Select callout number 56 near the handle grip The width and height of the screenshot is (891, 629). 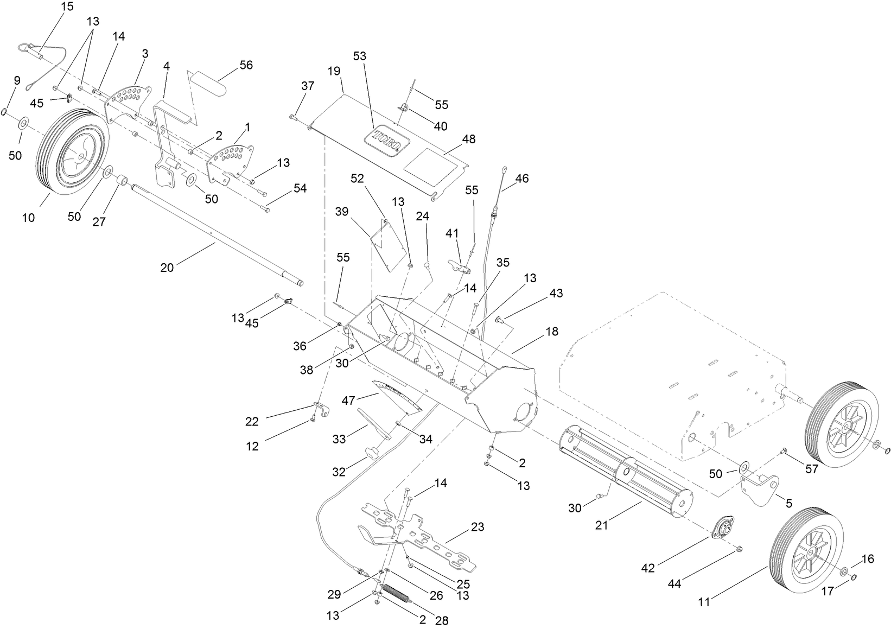click(x=246, y=65)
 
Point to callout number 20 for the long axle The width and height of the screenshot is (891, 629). click(x=167, y=267)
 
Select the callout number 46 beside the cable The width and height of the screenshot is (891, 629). click(x=521, y=178)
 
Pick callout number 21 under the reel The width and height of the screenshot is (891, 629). click(x=601, y=525)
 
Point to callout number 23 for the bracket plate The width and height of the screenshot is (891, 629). click(x=478, y=526)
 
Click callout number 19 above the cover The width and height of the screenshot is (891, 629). click(x=334, y=71)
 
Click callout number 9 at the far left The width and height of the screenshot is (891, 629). click(x=17, y=81)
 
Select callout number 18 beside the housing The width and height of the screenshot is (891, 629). click(x=552, y=331)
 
